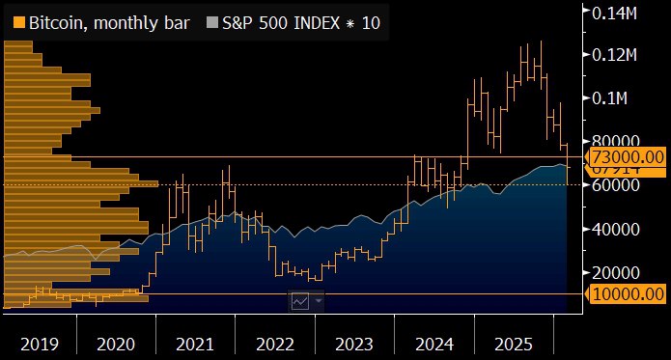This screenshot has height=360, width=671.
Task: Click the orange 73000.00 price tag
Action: (x=627, y=156)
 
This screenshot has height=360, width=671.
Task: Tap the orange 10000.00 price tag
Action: (x=627, y=293)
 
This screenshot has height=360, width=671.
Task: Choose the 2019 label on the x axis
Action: (x=39, y=343)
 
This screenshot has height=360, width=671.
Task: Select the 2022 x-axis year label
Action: (x=275, y=343)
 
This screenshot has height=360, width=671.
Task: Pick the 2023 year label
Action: (x=354, y=343)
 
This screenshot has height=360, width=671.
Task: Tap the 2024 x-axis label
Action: (x=433, y=343)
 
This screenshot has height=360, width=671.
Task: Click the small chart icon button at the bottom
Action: (x=300, y=301)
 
